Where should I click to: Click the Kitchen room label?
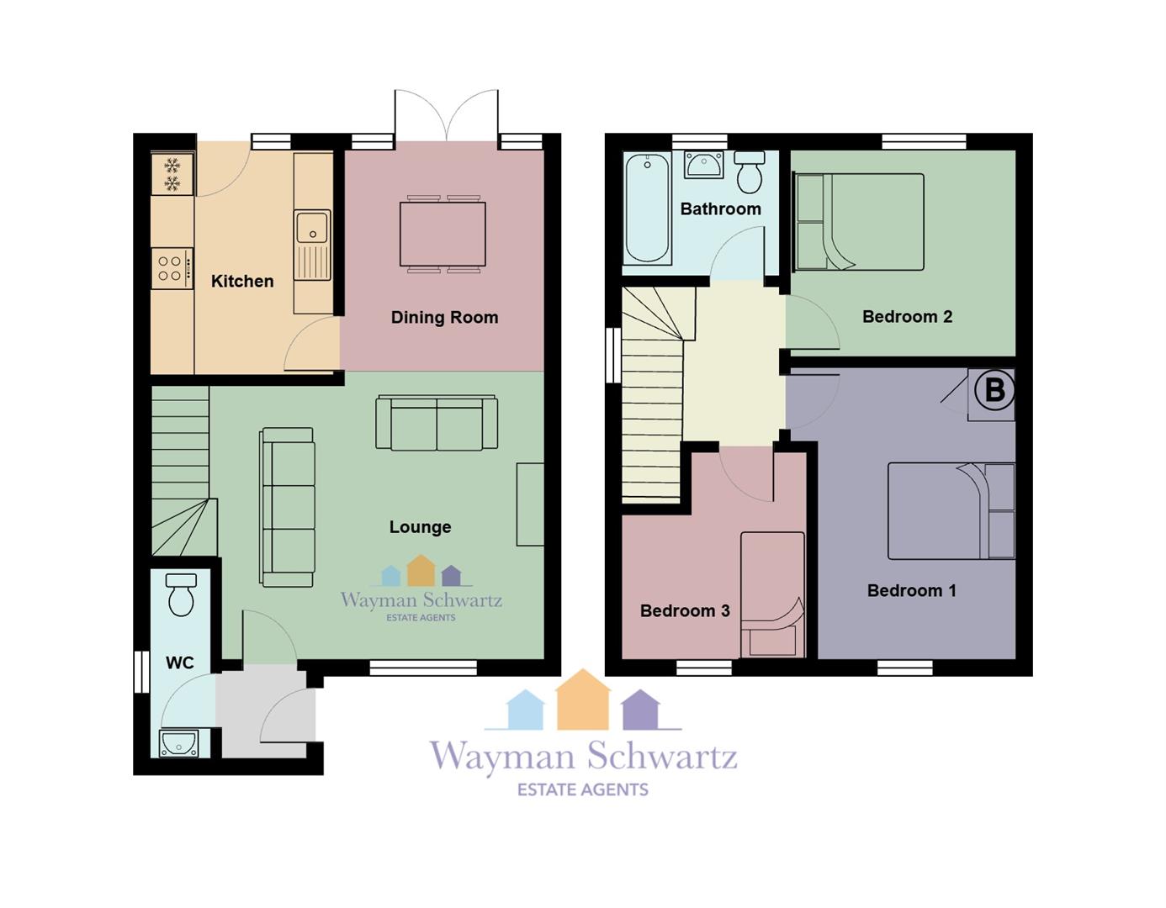242,281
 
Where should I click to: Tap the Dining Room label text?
444,317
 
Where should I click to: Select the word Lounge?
420,527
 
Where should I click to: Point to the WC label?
180,663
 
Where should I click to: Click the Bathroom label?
721,209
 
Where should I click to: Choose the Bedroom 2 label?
908,317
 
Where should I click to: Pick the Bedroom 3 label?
686,610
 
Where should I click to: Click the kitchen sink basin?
312,228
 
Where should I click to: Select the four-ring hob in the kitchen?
172,268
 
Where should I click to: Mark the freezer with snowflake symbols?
172,174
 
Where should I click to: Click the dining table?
443,235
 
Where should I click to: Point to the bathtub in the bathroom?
648,209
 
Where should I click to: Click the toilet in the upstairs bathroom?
750,172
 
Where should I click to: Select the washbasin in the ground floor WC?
178,743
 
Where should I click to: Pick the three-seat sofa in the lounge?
288,507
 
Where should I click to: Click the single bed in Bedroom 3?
772,594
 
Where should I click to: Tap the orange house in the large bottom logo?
583,699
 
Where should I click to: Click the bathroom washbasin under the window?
704,165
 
